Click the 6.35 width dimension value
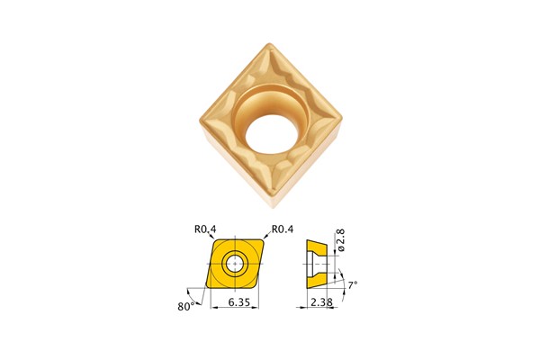[238, 301]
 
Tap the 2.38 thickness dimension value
[321, 301]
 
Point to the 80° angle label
[186, 306]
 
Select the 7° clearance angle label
[352, 285]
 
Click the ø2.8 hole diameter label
[341, 239]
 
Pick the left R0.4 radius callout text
[204, 229]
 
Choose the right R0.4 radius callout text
[283, 229]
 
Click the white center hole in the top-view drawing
[235, 264]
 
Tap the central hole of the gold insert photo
[270, 134]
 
